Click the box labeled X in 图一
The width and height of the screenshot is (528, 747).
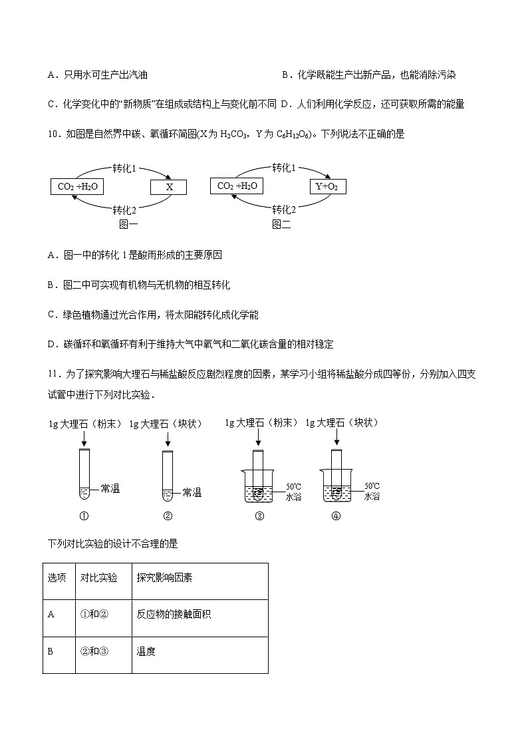click(169, 188)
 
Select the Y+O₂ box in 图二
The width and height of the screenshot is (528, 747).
click(328, 186)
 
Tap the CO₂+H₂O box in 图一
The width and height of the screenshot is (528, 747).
click(77, 187)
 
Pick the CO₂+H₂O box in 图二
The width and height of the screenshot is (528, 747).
click(237, 186)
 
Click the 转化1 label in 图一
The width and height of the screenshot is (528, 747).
click(124, 168)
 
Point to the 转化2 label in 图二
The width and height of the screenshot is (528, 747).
click(284, 210)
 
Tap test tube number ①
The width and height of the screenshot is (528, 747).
click(84, 475)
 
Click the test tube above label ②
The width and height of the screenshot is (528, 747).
click(168, 476)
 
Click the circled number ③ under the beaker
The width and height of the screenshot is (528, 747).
click(259, 516)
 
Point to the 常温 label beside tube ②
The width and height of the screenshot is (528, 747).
click(192, 493)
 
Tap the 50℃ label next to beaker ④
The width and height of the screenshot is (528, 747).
click(372, 486)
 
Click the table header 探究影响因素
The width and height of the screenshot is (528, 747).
click(164, 578)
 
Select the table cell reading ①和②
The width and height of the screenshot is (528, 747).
click(94, 615)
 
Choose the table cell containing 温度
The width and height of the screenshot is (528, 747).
click(146, 651)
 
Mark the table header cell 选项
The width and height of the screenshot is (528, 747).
click(57, 578)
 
